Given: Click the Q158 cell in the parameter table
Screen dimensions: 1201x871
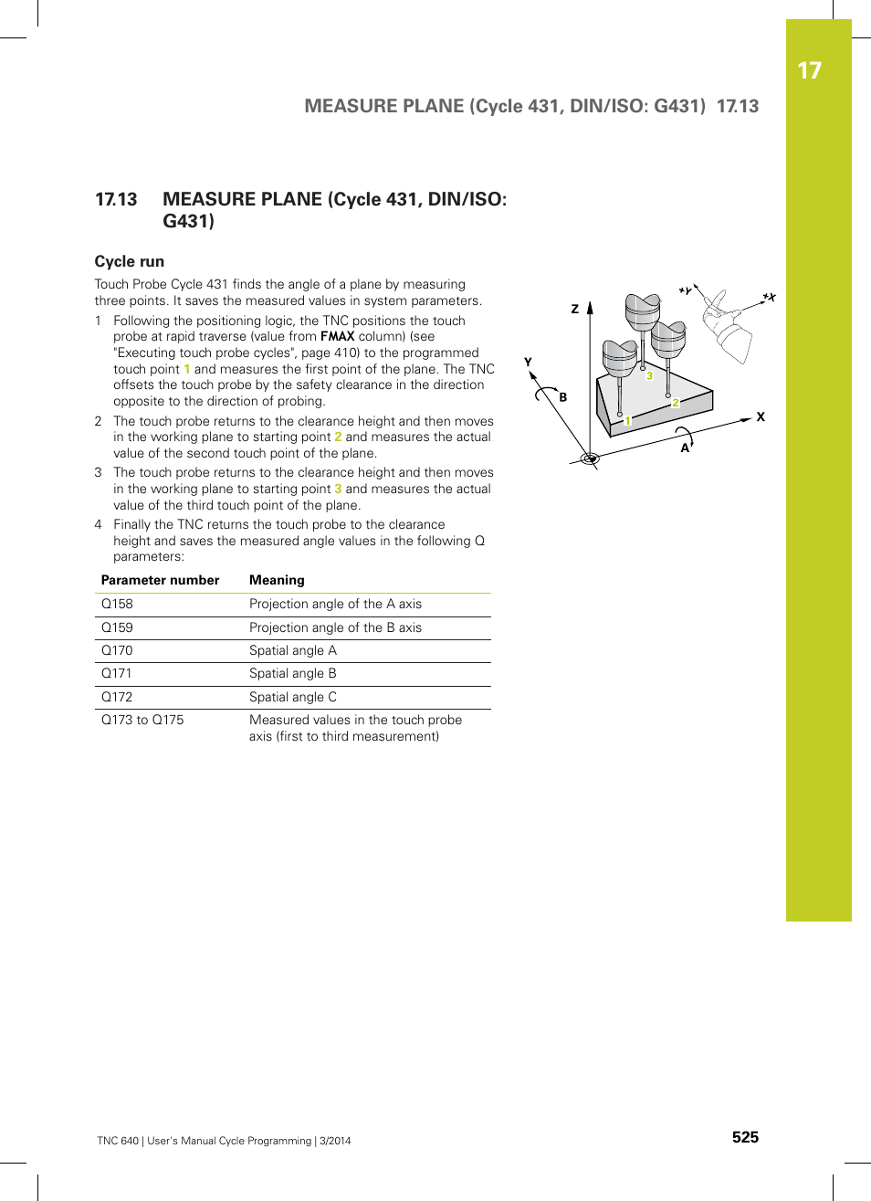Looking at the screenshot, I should pyautogui.click(x=117, y=604).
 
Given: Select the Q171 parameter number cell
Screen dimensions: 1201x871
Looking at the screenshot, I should pyautogui.click(x=116, y=673).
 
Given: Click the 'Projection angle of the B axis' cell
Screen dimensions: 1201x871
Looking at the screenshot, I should pyautogui.click(x=335, y=627).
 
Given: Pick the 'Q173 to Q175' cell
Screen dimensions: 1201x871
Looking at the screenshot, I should pyautogui.click(x=142, y=720).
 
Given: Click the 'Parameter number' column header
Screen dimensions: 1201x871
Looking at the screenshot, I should pyautogui.click(x=160, y=580).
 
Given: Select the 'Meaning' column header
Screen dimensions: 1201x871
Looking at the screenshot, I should pyautogui.click(x=277, y=580).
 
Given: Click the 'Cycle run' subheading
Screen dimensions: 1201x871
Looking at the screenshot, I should pyautogui.click(x=130, y=261).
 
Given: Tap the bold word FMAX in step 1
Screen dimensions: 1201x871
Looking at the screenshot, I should pyautogui.click(x=337, y=336).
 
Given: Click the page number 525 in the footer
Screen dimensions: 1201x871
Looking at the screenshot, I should pyautogui.click(x=745, y=1137).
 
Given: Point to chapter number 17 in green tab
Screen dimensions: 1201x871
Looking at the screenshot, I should pyautogui.click(x=809, y=70).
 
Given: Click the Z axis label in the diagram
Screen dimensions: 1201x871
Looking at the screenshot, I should pyautogui.click(x=575, y=309).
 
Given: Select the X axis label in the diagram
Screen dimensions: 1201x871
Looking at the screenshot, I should pyautogui.click(x=761, y=416).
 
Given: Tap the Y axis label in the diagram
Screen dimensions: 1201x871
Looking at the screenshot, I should pyautogui.click(x=528, y=362).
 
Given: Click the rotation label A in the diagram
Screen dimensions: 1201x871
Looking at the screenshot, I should pyautogui.click(x=685, y=448).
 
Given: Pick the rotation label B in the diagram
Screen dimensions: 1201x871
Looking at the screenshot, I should pyautogui.click(x=563, y=397).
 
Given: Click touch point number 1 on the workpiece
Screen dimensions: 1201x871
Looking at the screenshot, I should pyautogui.click(x=627, y=421).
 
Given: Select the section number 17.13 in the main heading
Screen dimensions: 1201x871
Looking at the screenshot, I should pyautogui.click(x=116, y=199).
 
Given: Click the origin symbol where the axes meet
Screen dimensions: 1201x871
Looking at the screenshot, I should pyautogui.click(x=590, y=458).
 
